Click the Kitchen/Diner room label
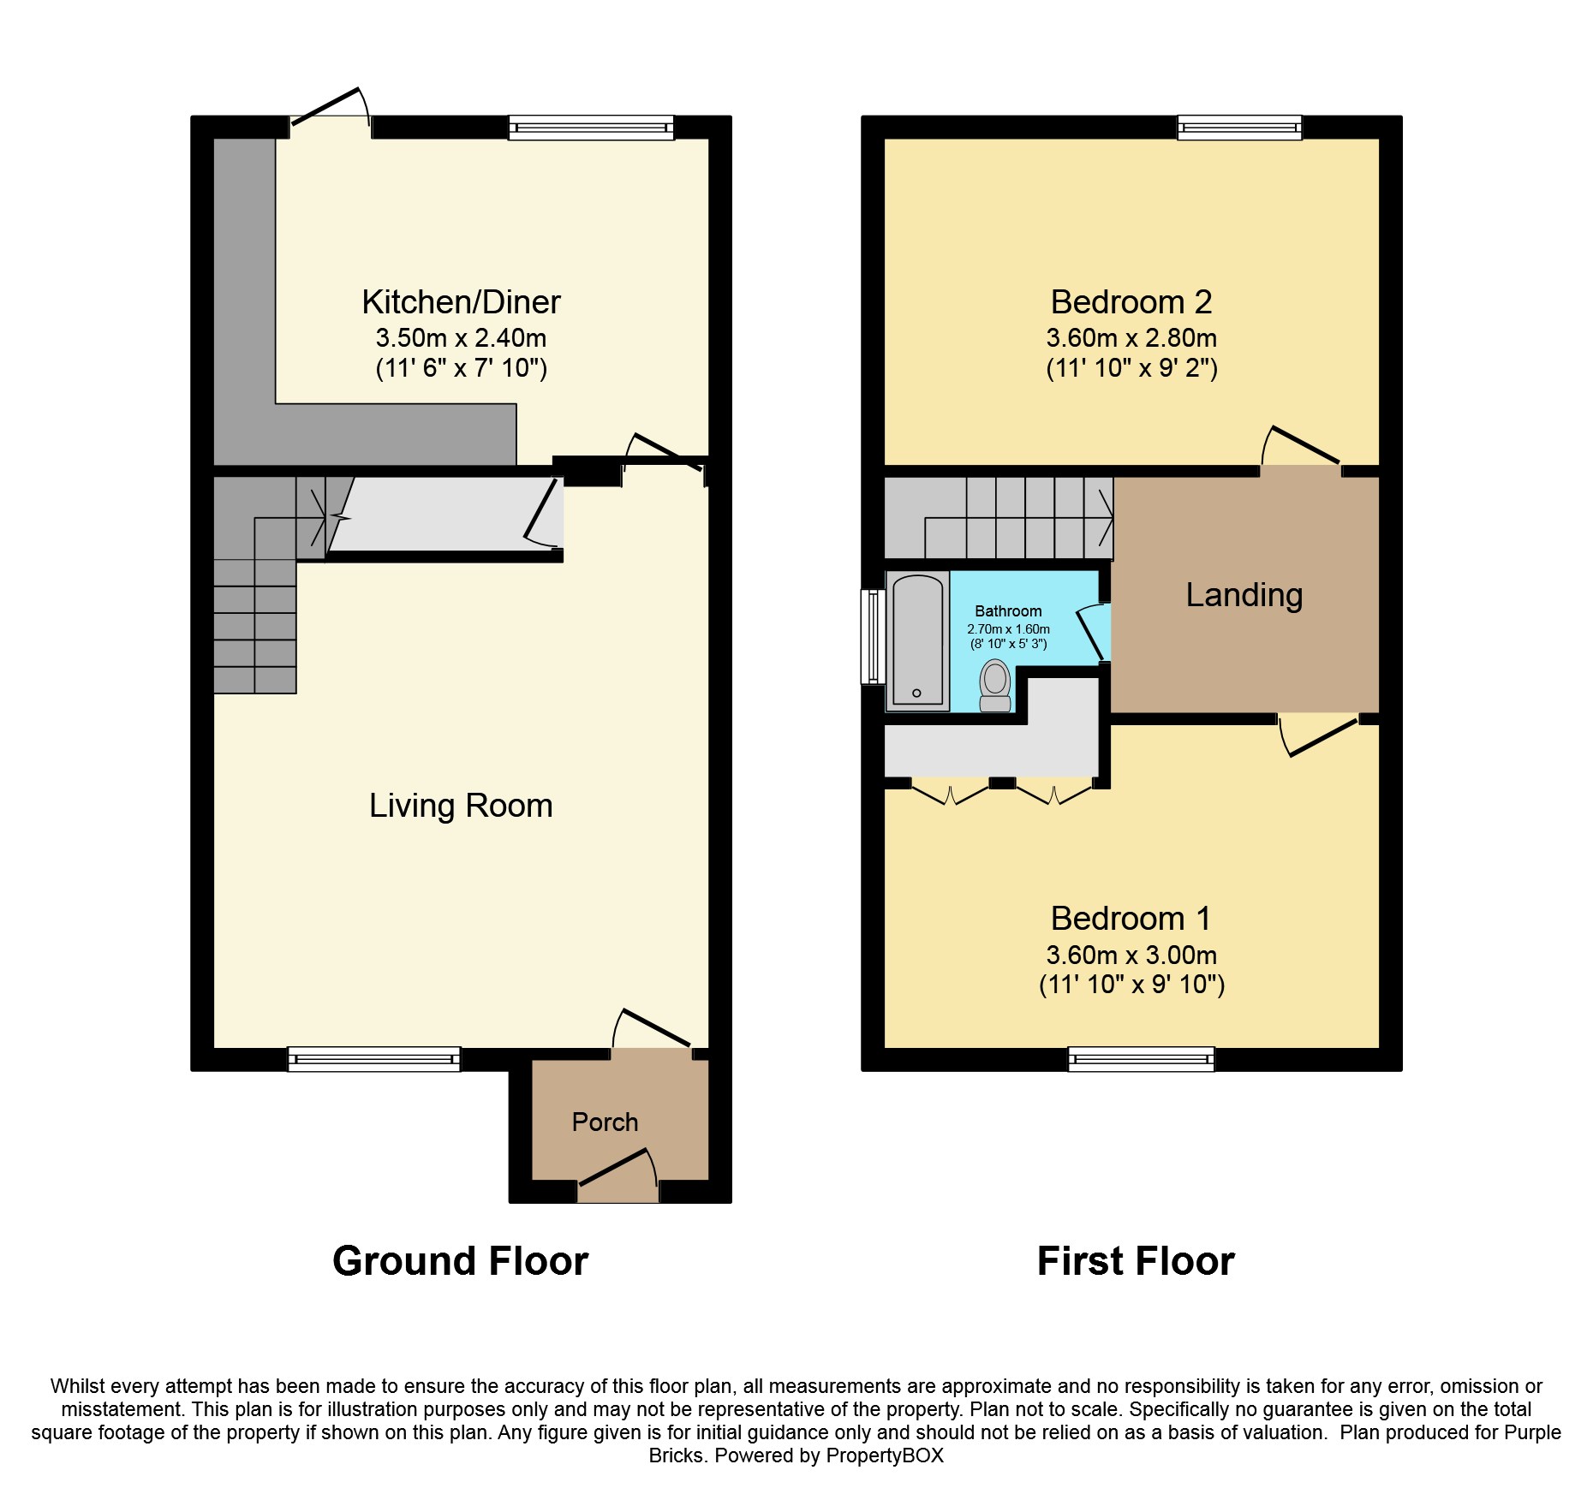tap(461, 302)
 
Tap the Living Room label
tap(461, 806)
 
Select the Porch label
tap(605, 1122)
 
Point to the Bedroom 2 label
tap(1131, 302)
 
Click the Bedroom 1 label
tap(1131, 919)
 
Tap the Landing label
tap(1244, 596)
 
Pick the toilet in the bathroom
tap(995, 685)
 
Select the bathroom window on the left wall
tap(873, 636)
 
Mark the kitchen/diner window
tap(591, 128)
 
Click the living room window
tap(374, 1059)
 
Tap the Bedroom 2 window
tap(1239, 128)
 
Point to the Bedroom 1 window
tap(1141, 1059)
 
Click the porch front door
tap(617, 1172)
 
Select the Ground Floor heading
tap(461, 1261)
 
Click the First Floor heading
tap(1136, 1261)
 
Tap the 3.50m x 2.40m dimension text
tap(461, 338)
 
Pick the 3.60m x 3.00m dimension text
tap(1131, 955)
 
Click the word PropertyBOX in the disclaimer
tap(885, 1455)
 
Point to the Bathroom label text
tap(1008, 611)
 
